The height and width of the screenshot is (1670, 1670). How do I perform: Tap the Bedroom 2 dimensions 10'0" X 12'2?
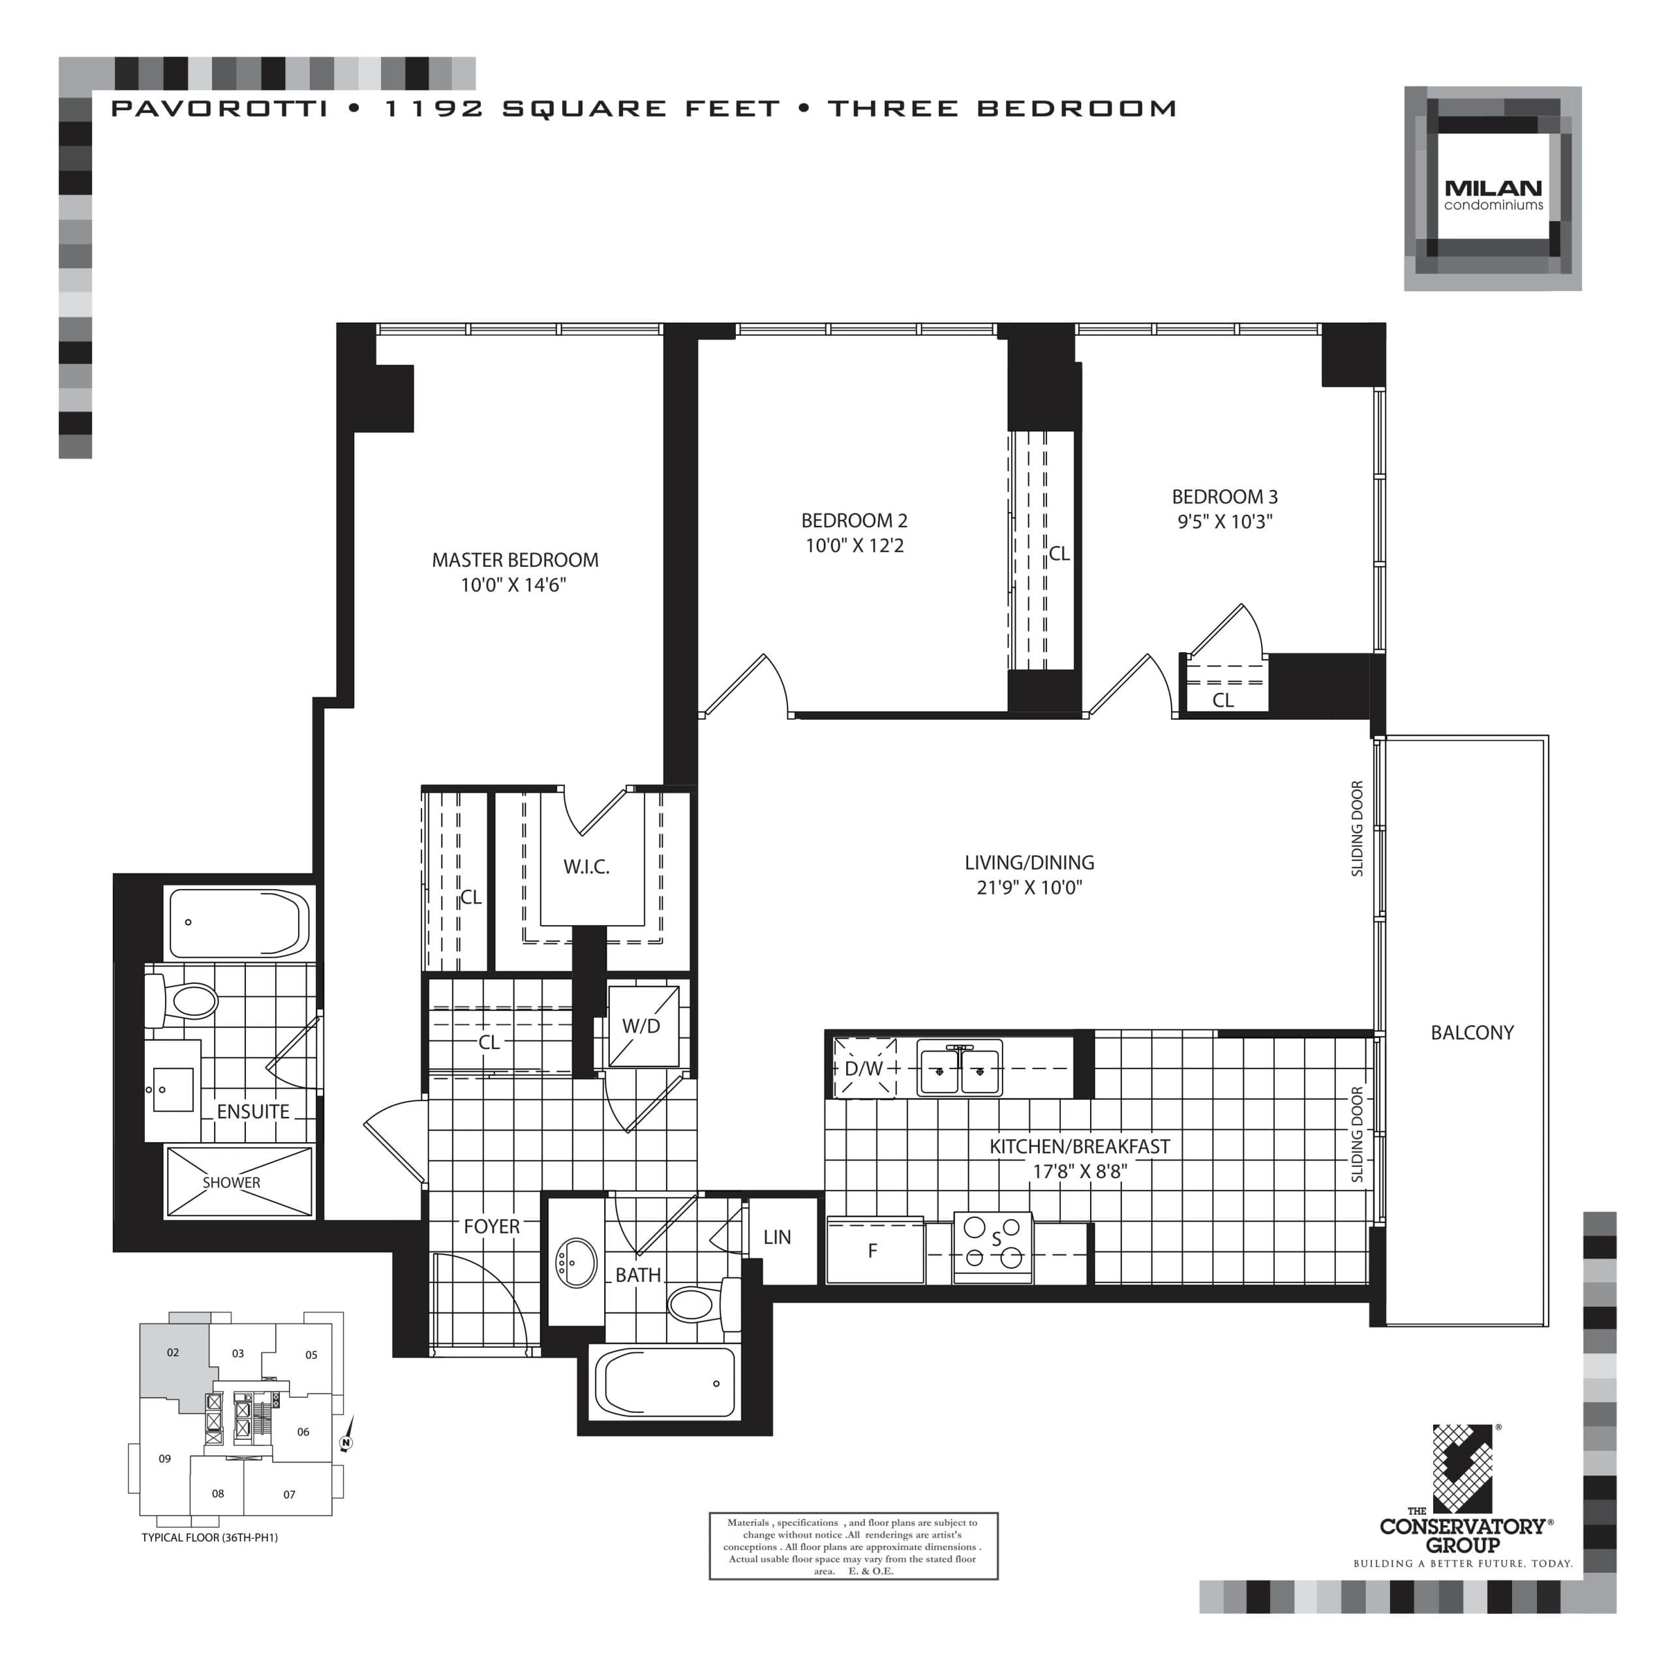click(854, 545)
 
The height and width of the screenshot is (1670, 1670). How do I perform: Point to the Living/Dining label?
click(1029, 862)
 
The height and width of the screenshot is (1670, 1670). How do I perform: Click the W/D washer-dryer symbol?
click(643, 1026)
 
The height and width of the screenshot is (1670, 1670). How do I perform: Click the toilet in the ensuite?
click(183, 1002)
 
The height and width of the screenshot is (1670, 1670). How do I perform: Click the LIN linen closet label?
click(776, 1237)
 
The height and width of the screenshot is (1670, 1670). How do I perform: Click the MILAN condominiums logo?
click(1492, 189)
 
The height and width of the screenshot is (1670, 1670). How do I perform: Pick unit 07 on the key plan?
click(289, 1495)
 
